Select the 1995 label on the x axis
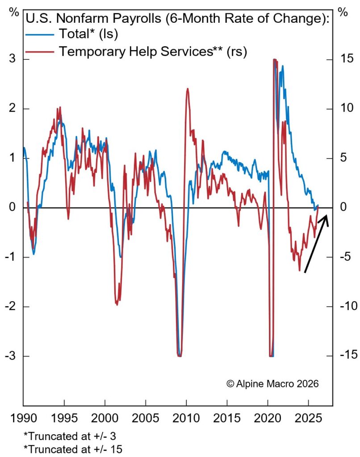click(64, 420)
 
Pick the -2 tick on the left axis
click(11, 307)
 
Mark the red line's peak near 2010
click(188, 88)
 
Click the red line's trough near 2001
click(117, 304)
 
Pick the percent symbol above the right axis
click(343, 12)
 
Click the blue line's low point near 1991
click(33, 254)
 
